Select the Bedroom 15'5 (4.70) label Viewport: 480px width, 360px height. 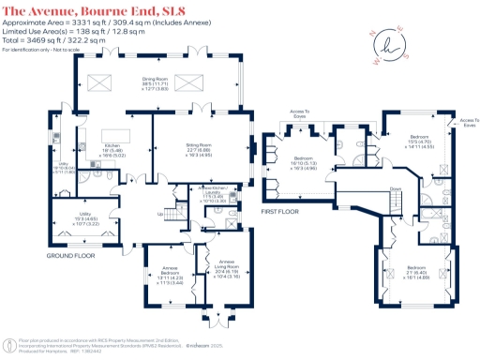tap(416, 142)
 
